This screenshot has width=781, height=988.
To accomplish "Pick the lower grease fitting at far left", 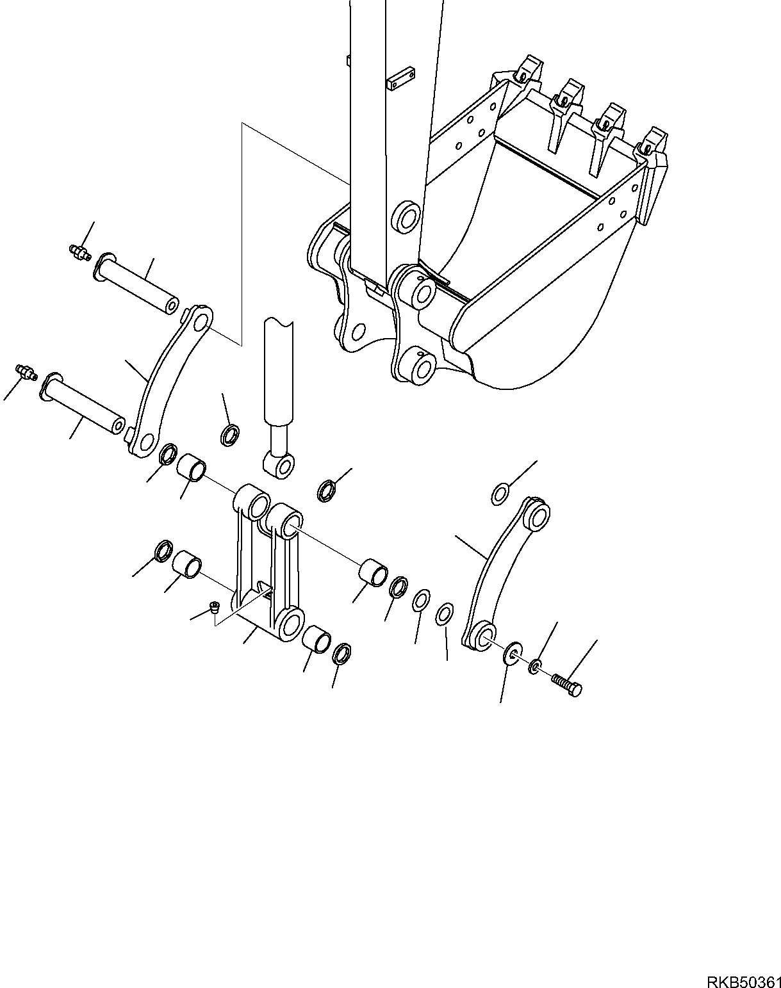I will (x=26, y=372).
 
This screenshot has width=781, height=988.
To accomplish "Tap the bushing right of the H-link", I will (x=373, y=571).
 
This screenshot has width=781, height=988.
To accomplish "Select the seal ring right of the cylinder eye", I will (x=327, y=491).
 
